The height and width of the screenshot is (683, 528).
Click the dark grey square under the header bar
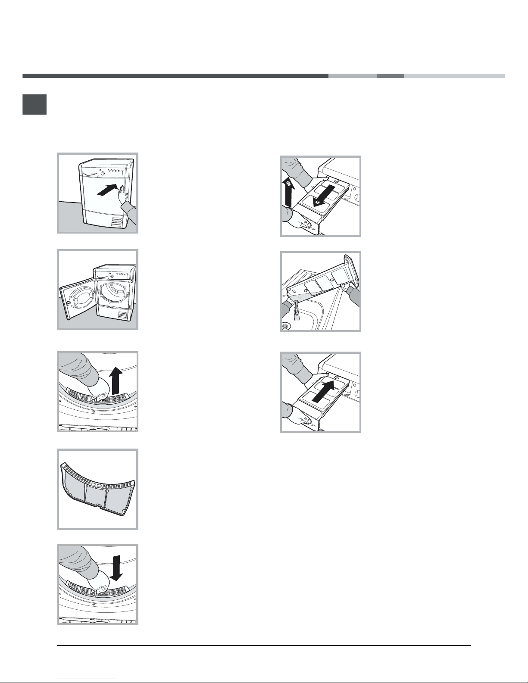click(34, 104)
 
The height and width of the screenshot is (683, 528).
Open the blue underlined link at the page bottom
click(85, 679)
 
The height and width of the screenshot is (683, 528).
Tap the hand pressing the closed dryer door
click(124, 195)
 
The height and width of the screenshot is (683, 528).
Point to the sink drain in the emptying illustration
click(286, 327)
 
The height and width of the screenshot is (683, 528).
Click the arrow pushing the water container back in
click(324, 391)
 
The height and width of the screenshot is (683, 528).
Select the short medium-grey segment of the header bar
click(391, 76)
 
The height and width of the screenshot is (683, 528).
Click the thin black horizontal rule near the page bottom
click(264, 646)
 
